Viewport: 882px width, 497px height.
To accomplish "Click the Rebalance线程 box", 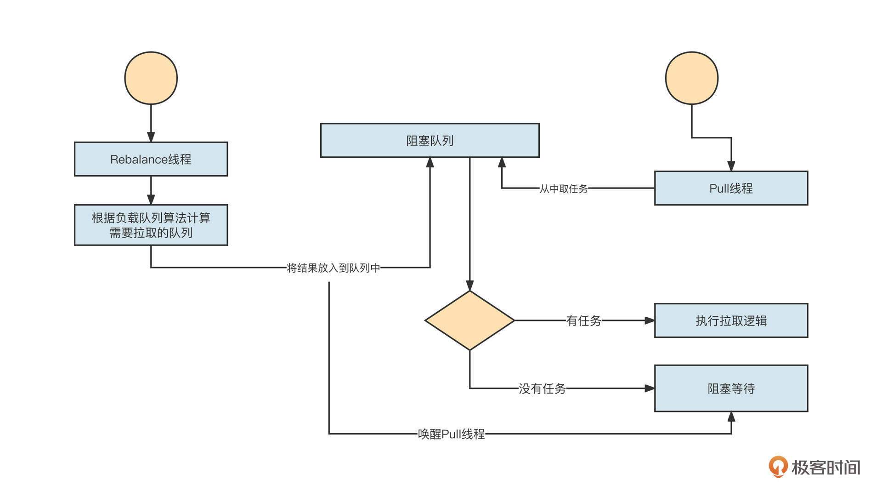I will click(x=151, y=159).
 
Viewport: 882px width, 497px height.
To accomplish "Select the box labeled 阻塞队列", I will click(x=430, y=140).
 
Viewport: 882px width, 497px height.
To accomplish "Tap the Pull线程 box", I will click(x=731, y=188).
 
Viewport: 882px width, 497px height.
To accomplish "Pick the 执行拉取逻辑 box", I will click(x=731, y=320).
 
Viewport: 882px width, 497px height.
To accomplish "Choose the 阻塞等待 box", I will click(x=731, y=388).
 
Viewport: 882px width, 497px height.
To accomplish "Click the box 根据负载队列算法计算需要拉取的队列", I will click(x=151, y=225).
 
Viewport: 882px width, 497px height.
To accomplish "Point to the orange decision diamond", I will click(x=469, y=320).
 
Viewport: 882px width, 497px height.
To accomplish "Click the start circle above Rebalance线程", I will click(x=151, y=78).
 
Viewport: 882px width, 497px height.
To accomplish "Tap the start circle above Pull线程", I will click(x=691, y=78).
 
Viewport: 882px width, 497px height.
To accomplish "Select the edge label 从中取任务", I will click(x=563, y=189).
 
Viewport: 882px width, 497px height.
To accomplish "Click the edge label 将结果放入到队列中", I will click(x=334, y=268).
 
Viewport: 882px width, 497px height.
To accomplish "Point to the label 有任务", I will click(x=583, y=320).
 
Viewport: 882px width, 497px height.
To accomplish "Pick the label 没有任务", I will click(x=542, y=388).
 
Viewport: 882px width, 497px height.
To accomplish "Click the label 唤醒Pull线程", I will click(x=451, y=434).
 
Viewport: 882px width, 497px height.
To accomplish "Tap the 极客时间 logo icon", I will click(x=778, y=467).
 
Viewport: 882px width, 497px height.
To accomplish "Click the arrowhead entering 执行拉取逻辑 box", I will click(x=649, y=320).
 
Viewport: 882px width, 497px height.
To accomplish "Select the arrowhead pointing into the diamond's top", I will click(x=469, y=286).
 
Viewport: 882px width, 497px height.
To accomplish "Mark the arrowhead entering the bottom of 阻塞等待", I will click(x=731, y=417).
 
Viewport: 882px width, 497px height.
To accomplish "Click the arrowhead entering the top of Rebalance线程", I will click(x=151, y=137).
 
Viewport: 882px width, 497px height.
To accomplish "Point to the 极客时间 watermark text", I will click(x=825, y=468).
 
